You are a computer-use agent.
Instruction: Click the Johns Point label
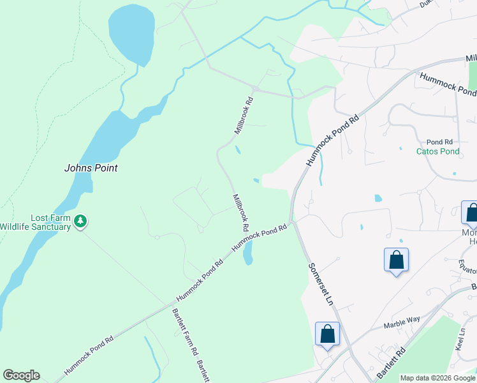pos(91,168)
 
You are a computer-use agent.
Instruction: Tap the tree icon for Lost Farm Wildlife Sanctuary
pos(80,222)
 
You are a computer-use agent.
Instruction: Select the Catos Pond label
pos(437,151)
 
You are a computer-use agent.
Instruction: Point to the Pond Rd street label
pos(439,142)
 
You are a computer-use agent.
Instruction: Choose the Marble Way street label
pos(402,325)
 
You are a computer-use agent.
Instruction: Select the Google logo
pos(21,375)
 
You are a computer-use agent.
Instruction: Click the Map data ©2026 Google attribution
pos(437,378)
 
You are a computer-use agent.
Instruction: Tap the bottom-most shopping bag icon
pos(327,334)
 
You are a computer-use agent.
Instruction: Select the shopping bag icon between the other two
pos(396,260)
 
